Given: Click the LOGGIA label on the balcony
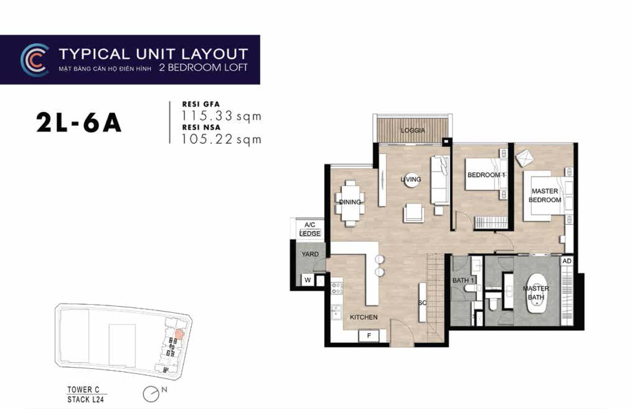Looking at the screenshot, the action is click(413, 130).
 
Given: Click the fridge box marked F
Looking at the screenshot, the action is click(369, 336).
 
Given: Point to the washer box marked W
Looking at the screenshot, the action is click(308, 280).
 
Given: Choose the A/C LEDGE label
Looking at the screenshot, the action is click(310, 229).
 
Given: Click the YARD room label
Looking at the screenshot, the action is click(310, 254).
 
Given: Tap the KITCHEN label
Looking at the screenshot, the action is click(364, 317).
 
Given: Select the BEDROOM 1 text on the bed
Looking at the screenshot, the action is click(486, 175).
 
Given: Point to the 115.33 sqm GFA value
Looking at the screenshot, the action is click(221, 116).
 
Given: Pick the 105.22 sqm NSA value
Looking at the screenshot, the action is click(221, 139).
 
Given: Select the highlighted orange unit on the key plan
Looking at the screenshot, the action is click(179, 334).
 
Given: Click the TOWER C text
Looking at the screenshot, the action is click(84, 389).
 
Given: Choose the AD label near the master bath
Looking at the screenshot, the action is click(567, 261).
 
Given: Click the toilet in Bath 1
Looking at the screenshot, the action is click(471, 288).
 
